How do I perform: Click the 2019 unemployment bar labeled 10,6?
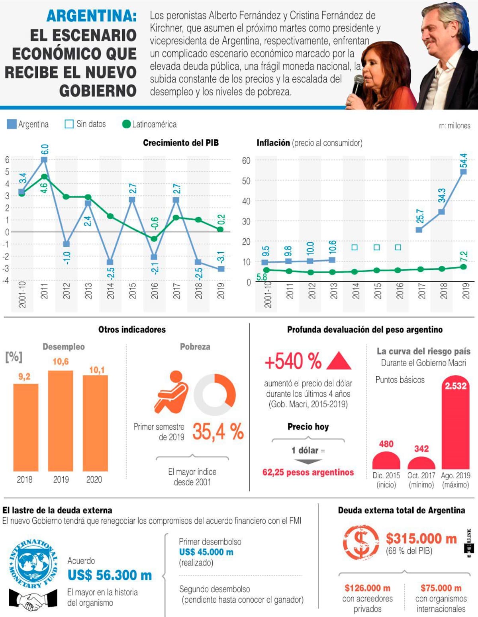(x=61, y=421)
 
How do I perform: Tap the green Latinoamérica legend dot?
(x=126, y=124)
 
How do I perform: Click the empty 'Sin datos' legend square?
(x=69, y=124)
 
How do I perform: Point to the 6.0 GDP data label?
(x=45, y=149)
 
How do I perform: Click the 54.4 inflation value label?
(x=463, y=161)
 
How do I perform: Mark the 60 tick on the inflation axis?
(x=246, y=161)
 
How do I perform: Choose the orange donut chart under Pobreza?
(x=215, y=395)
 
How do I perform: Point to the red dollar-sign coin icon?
(x=361, y=542)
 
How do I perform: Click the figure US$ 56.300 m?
(x=110, y=575)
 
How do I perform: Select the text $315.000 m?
(x=421, y=538)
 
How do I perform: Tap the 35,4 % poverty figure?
(x=218, y=431)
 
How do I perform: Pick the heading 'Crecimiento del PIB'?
(x=181, y=143)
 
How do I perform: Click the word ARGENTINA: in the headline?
(x=92, y=16)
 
